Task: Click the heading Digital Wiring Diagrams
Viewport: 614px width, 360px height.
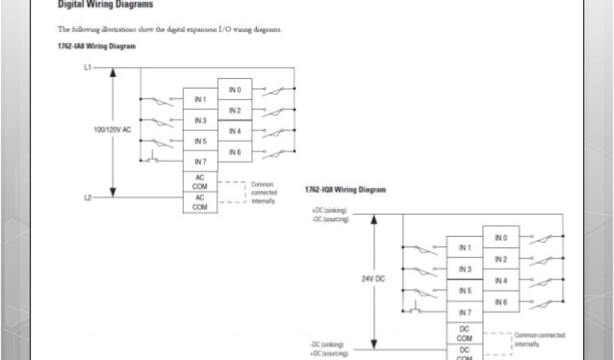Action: (x=105, y=5)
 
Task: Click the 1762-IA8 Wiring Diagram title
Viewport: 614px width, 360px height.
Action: (x=96, y=46)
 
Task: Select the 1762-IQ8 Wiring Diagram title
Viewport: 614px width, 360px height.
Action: (x=345, y=190)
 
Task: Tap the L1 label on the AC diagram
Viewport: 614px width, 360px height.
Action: (x=88, y=68)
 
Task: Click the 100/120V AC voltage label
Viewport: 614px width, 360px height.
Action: (x=112, y=130)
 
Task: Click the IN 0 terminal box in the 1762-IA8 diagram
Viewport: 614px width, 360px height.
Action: (x=234, y=90)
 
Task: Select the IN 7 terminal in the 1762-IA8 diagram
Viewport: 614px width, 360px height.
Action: (x=200, y=162)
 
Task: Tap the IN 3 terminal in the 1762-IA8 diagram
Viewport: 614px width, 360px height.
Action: (x=200, y=121)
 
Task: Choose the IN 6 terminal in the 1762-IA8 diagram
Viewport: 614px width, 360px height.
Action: (x=234, y=152)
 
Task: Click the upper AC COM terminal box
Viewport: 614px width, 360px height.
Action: (x=200, y=181)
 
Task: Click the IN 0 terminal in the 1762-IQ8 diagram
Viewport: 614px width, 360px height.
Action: (x=501, y=238)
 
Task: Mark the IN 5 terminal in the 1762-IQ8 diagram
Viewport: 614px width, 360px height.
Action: (x=465, y=290)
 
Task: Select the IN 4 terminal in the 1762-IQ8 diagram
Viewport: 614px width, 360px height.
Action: (x=501, y=280)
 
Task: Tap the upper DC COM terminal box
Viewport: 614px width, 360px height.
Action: (x=465, y=334)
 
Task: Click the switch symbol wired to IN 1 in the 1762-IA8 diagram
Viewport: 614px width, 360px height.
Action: (x=162, y=101)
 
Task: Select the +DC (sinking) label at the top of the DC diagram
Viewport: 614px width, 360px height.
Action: (x=329, y=211)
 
